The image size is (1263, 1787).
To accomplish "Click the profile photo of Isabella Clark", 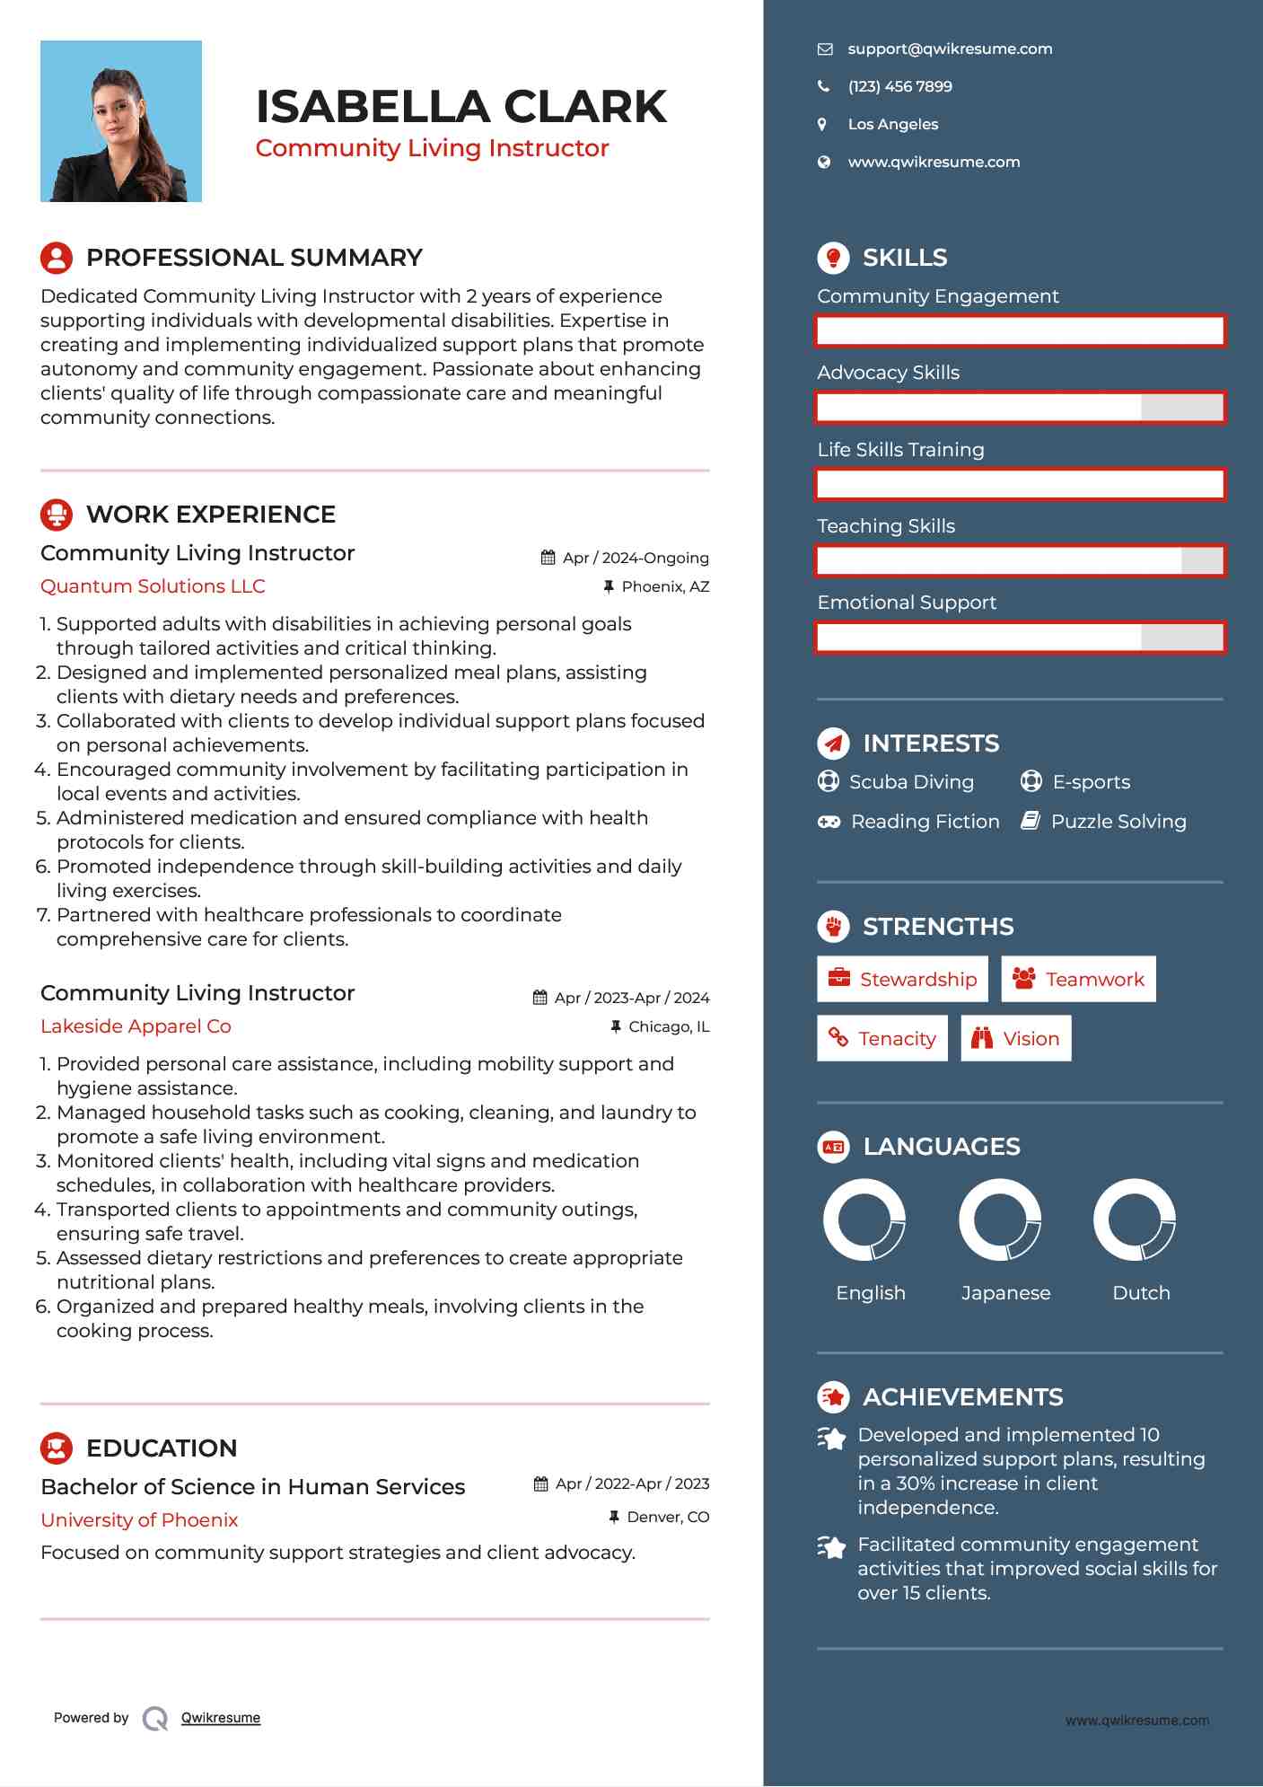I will pyautogui.click(x=121, y=121).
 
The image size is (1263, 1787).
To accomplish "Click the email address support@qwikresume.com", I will pyautogui.click(x=950, y=49).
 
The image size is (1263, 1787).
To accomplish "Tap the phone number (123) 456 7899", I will pyautogui.click(x=899, y=87).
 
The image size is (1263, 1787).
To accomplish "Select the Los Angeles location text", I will pyautogui.click(x=892, y=125).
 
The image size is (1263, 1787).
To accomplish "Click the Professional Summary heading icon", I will pyautogui.click(x=57, y=258).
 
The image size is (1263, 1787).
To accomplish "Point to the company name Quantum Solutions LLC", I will pyautogui.click(x=153, y=586).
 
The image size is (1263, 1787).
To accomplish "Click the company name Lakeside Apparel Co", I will pyautogui.click(x=136, y=1026).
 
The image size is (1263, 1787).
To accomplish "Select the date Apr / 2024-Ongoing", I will pyautogui.click(x=635, y=558).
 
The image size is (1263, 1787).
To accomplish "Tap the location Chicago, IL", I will pyautogui.click(x=668, y=1026).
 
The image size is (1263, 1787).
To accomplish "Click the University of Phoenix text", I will pyautogui.click(x=139, y=1520).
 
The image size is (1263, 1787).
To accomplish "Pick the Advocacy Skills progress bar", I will pyautogui.click(x=1020, y=408).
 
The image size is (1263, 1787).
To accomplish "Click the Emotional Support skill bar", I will pyautogui.click(x=1020, y=638).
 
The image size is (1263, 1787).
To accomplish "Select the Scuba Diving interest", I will pyautogui.click(x=910, y=782).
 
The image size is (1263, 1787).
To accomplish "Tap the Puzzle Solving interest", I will pyautogui.click(x=1118, y=822).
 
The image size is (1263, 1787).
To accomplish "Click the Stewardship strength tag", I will pyautogui.click(x=902, y=979).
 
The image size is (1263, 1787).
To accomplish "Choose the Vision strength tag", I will pyautogui.click(x=1016, y=1039).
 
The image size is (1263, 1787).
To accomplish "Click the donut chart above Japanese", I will pyautogui.click(x=1000, y=1220).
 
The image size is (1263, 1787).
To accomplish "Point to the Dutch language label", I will pyautogui.click(x=1141, y=1293).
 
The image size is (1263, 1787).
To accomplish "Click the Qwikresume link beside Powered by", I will pyautogui.click(x=221, y=1718).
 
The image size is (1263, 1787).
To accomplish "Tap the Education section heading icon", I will pyautogui.click(x=57, y=1448).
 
